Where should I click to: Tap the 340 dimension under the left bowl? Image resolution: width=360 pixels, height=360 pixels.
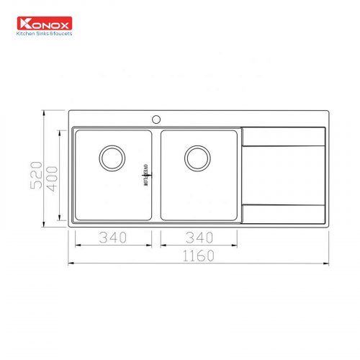pyautogui.click(x=112, y=236)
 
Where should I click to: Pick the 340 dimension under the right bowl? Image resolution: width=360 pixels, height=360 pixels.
pyautogui.click(x=199, y=236)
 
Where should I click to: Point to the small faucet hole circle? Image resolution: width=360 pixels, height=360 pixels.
pyautogui.click(x=155, y=117)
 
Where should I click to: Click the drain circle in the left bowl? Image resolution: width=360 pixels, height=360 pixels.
pyautogui.click(x=112, y=157)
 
